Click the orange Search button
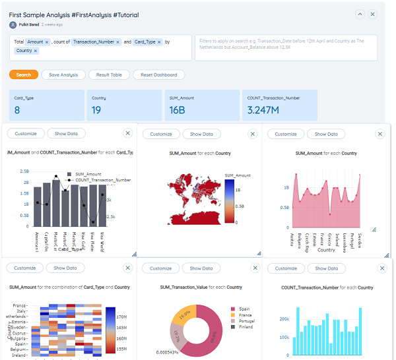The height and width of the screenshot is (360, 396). tap(24, 75)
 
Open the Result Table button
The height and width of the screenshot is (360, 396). tap(109, 75)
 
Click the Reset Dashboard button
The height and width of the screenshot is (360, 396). tap(159, 75)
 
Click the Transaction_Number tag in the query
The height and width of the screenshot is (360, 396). tap(93, 42)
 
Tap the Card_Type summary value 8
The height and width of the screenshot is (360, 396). tap(17, 110)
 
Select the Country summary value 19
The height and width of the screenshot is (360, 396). tap(96, 110)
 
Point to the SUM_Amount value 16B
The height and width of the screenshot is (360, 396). tap(177, 110)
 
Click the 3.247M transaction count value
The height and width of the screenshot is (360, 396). tap(262, 110)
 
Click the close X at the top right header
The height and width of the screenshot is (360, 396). tap(373, 14)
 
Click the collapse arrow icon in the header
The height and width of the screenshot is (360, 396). tap(360, 14)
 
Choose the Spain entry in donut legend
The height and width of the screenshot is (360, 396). tap(244, 309)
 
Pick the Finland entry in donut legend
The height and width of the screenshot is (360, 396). tap(246, 327)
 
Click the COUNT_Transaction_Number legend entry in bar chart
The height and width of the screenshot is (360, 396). tap(103, 179)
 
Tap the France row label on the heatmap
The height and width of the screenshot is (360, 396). tap(20, 306)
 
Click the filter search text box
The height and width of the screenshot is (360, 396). tap(285, 47)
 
